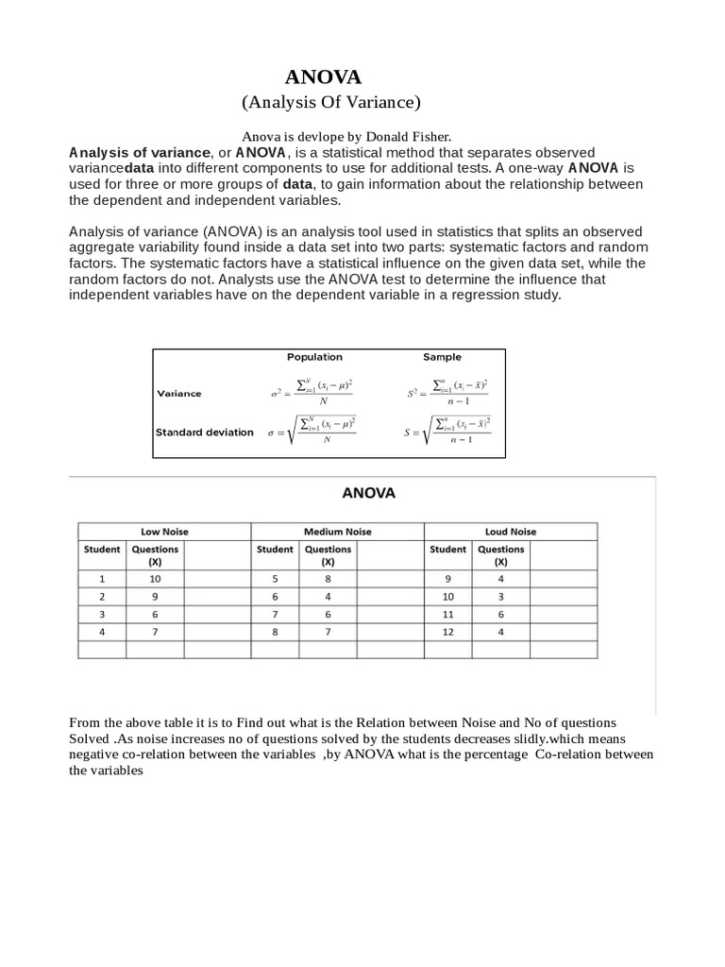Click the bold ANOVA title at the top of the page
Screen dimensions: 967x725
[x=323, y=76]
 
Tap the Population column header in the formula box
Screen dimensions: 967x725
[x=314, y=357]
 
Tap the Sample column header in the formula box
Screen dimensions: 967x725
[x=442, y=357]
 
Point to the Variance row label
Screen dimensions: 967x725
[x=178, y=394]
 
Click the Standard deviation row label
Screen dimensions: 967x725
[x=204, y=433]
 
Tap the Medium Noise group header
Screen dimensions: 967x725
[x=337, y=532]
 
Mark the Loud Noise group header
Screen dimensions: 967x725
[x=510, y=532]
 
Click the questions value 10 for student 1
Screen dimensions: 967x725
[x=155, y=579]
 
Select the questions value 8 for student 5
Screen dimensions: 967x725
[x=328, y=579]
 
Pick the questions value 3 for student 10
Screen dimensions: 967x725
[x=500, y=597]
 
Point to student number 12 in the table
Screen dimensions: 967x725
[x=447, y=632]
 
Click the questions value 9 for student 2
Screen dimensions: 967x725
[x=155, y=597]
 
